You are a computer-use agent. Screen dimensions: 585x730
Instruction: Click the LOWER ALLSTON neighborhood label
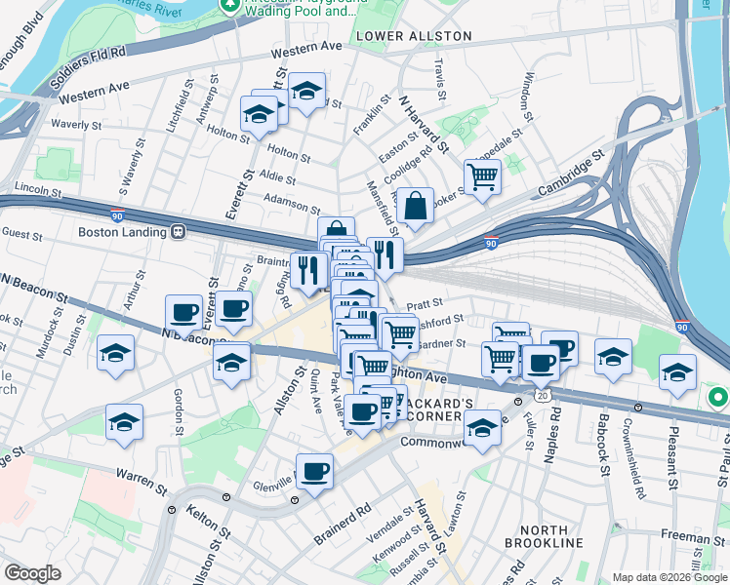coord(414,36)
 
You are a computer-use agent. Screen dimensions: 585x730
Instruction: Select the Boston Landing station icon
coord(179,232)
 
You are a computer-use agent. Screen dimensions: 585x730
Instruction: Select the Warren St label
coord(138,480)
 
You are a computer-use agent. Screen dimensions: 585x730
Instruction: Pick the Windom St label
coord(528,90)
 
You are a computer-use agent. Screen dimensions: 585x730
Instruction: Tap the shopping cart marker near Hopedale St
coord(481,177)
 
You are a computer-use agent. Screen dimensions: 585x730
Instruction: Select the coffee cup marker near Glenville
coord(314,472)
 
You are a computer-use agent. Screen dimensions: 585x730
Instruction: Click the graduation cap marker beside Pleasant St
coord(676,372)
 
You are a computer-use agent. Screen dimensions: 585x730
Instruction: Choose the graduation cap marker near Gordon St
coord(124,422)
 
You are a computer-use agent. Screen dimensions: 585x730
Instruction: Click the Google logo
coord(32,573)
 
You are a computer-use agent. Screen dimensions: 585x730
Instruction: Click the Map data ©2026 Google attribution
coord(669,577)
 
